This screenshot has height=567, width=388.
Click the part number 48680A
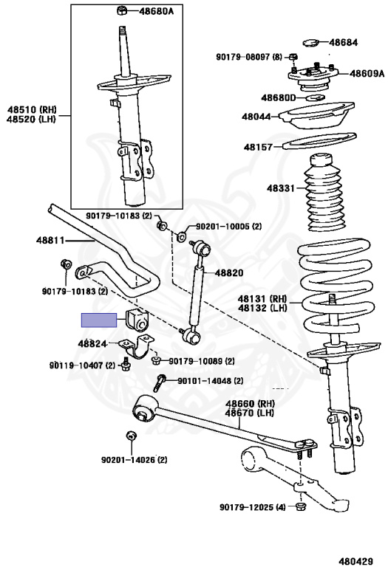point(157,11)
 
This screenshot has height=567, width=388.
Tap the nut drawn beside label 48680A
point(122,10)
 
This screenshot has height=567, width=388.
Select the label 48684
point(343,42)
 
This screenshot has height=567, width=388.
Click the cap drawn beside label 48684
point(310,43)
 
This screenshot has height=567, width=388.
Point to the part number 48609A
point(367,73)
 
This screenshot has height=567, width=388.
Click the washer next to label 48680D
point(316,97)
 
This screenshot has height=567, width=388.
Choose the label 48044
point(256,117)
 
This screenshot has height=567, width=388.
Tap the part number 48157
point(258,147)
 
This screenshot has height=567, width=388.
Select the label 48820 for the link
point(229,272)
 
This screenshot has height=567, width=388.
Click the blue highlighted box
point(99,320)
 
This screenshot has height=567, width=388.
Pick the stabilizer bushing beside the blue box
point(137,320)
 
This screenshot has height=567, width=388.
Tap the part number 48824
point(92,343)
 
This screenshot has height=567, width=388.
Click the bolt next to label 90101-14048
point(159,383)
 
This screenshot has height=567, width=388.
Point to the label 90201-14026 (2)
point(134,460)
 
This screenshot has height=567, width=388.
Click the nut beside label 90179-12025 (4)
point(301,506)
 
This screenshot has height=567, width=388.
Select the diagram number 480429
point(355,561)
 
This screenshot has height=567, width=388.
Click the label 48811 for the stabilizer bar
point(50,240)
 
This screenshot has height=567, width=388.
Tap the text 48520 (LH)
point(32,119)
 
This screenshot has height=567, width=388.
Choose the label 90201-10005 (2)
point(229,227)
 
